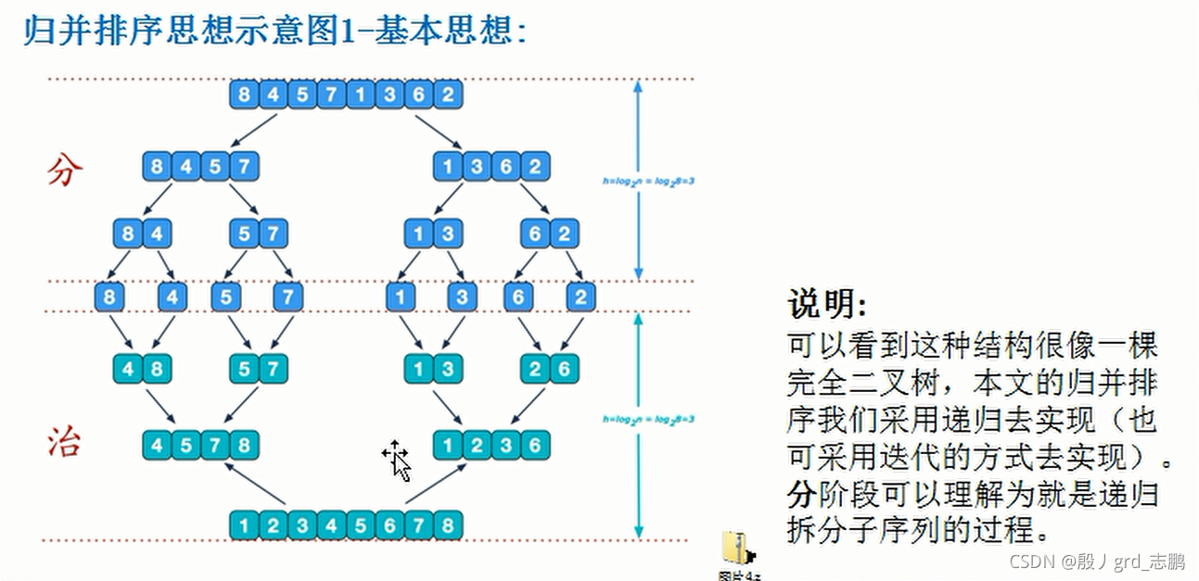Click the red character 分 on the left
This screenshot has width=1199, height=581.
tap(65, 170)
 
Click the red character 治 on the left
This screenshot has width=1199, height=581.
tap(65, 443)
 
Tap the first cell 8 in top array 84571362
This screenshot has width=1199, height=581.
tap(244, 95)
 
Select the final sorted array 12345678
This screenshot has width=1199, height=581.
tap(345, 525)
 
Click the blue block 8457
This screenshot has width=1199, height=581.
tap(200, 167)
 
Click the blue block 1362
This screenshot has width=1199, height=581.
tap(491, 167)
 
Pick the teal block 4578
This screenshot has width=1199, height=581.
tap(200, 445)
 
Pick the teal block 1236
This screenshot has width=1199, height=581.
tap(491, 445)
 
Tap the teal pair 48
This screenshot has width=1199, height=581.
tap(142, 369)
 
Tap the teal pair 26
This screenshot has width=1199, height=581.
tap(549, 369)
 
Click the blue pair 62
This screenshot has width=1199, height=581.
tap(549, 234)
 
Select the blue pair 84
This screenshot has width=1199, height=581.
tap(142, 234)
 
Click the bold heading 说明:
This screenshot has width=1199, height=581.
tap(828, 303)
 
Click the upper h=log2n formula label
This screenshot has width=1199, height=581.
tap(649, 181)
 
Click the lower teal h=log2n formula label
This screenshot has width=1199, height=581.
tap(649, 419)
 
